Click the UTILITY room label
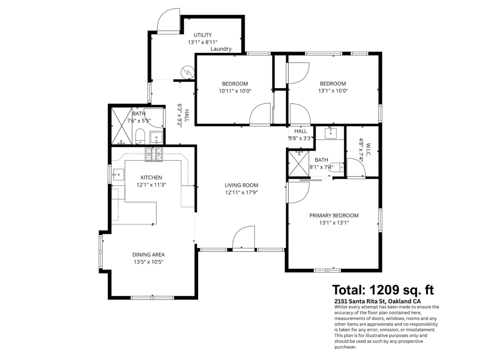click(x=202, y=35)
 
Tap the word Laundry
click(x=221, y=49)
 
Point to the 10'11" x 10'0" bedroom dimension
click(x=235, y=91)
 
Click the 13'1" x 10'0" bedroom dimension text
click(x=333, y=91)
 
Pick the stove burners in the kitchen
click(x=154, y=154)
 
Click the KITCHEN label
click(x=151, y=177)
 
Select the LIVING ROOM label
click(x=241, y=185)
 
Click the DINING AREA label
click(x=148, y=254)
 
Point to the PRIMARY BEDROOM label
click(x=334, y=215)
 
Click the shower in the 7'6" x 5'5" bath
click(x=121, y=126)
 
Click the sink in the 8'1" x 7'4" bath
click(x=331, y=132)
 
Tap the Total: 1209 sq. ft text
click(x=383, y=289)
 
